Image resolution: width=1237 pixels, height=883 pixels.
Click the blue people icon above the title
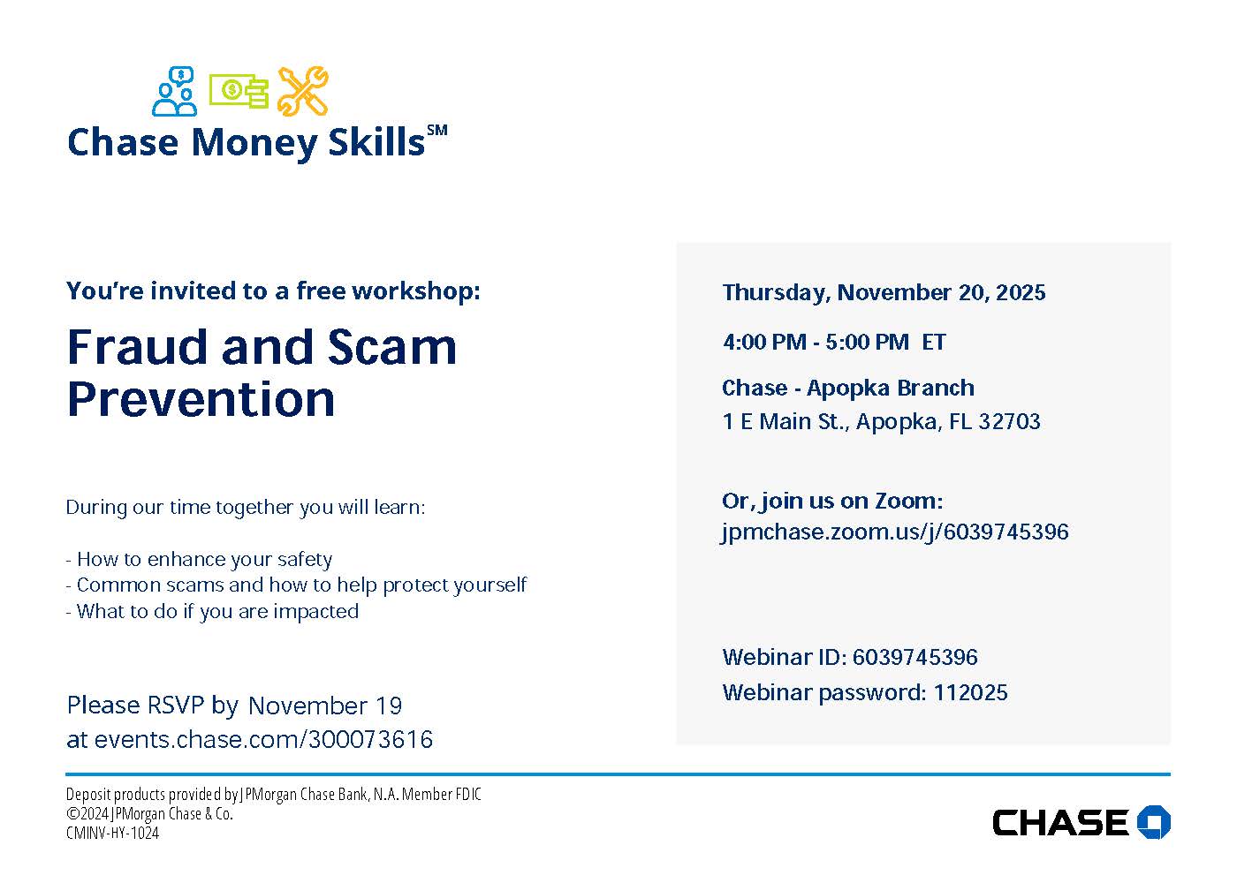[175, 92]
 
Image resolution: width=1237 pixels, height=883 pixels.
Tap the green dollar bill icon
[239, 90]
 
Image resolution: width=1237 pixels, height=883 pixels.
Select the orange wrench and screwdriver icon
[302, 91]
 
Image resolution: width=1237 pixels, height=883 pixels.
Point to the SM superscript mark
[437, 131]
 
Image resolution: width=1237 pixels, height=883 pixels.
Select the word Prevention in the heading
[201, 399]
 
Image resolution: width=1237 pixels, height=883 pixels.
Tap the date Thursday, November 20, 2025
[884, 292]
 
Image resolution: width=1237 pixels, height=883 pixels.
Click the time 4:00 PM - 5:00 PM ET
[834, 342]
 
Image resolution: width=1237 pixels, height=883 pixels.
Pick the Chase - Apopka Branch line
[848, 388]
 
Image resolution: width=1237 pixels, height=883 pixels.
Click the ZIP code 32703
[1009, 422]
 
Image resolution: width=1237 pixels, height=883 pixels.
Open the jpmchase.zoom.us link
[895, 532]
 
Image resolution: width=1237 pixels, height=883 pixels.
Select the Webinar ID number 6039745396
[915, 657]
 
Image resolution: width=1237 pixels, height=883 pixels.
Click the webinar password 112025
[970, 692]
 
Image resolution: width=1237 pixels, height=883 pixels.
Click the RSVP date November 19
[325, 706]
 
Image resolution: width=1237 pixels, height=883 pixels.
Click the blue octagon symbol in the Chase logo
[1153, 822]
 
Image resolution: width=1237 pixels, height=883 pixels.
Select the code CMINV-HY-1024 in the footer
[112, 833]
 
